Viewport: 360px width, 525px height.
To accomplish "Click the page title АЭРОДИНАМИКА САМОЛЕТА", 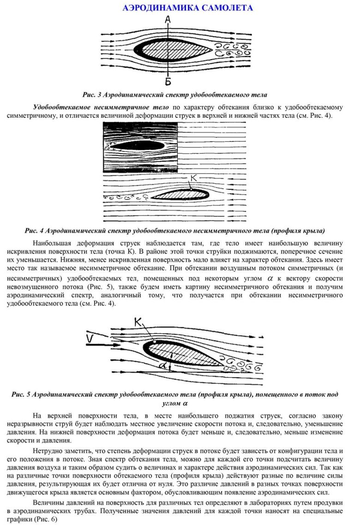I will pyautogui.click(x=187, y=8).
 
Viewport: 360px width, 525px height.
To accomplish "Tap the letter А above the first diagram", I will pyautogui.click(x=168, y=19).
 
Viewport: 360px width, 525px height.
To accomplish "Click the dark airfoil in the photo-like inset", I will pyautogui.click(x=138, y=145).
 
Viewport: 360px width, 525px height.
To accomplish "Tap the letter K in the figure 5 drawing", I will pyautogui.click(x=138, y=321).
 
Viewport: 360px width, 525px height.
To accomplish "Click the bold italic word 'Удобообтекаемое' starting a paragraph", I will pyautogui.click(x=60, y=108).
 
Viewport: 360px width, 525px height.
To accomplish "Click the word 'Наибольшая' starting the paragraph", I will pyautogui.click(x=53, y=243).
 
